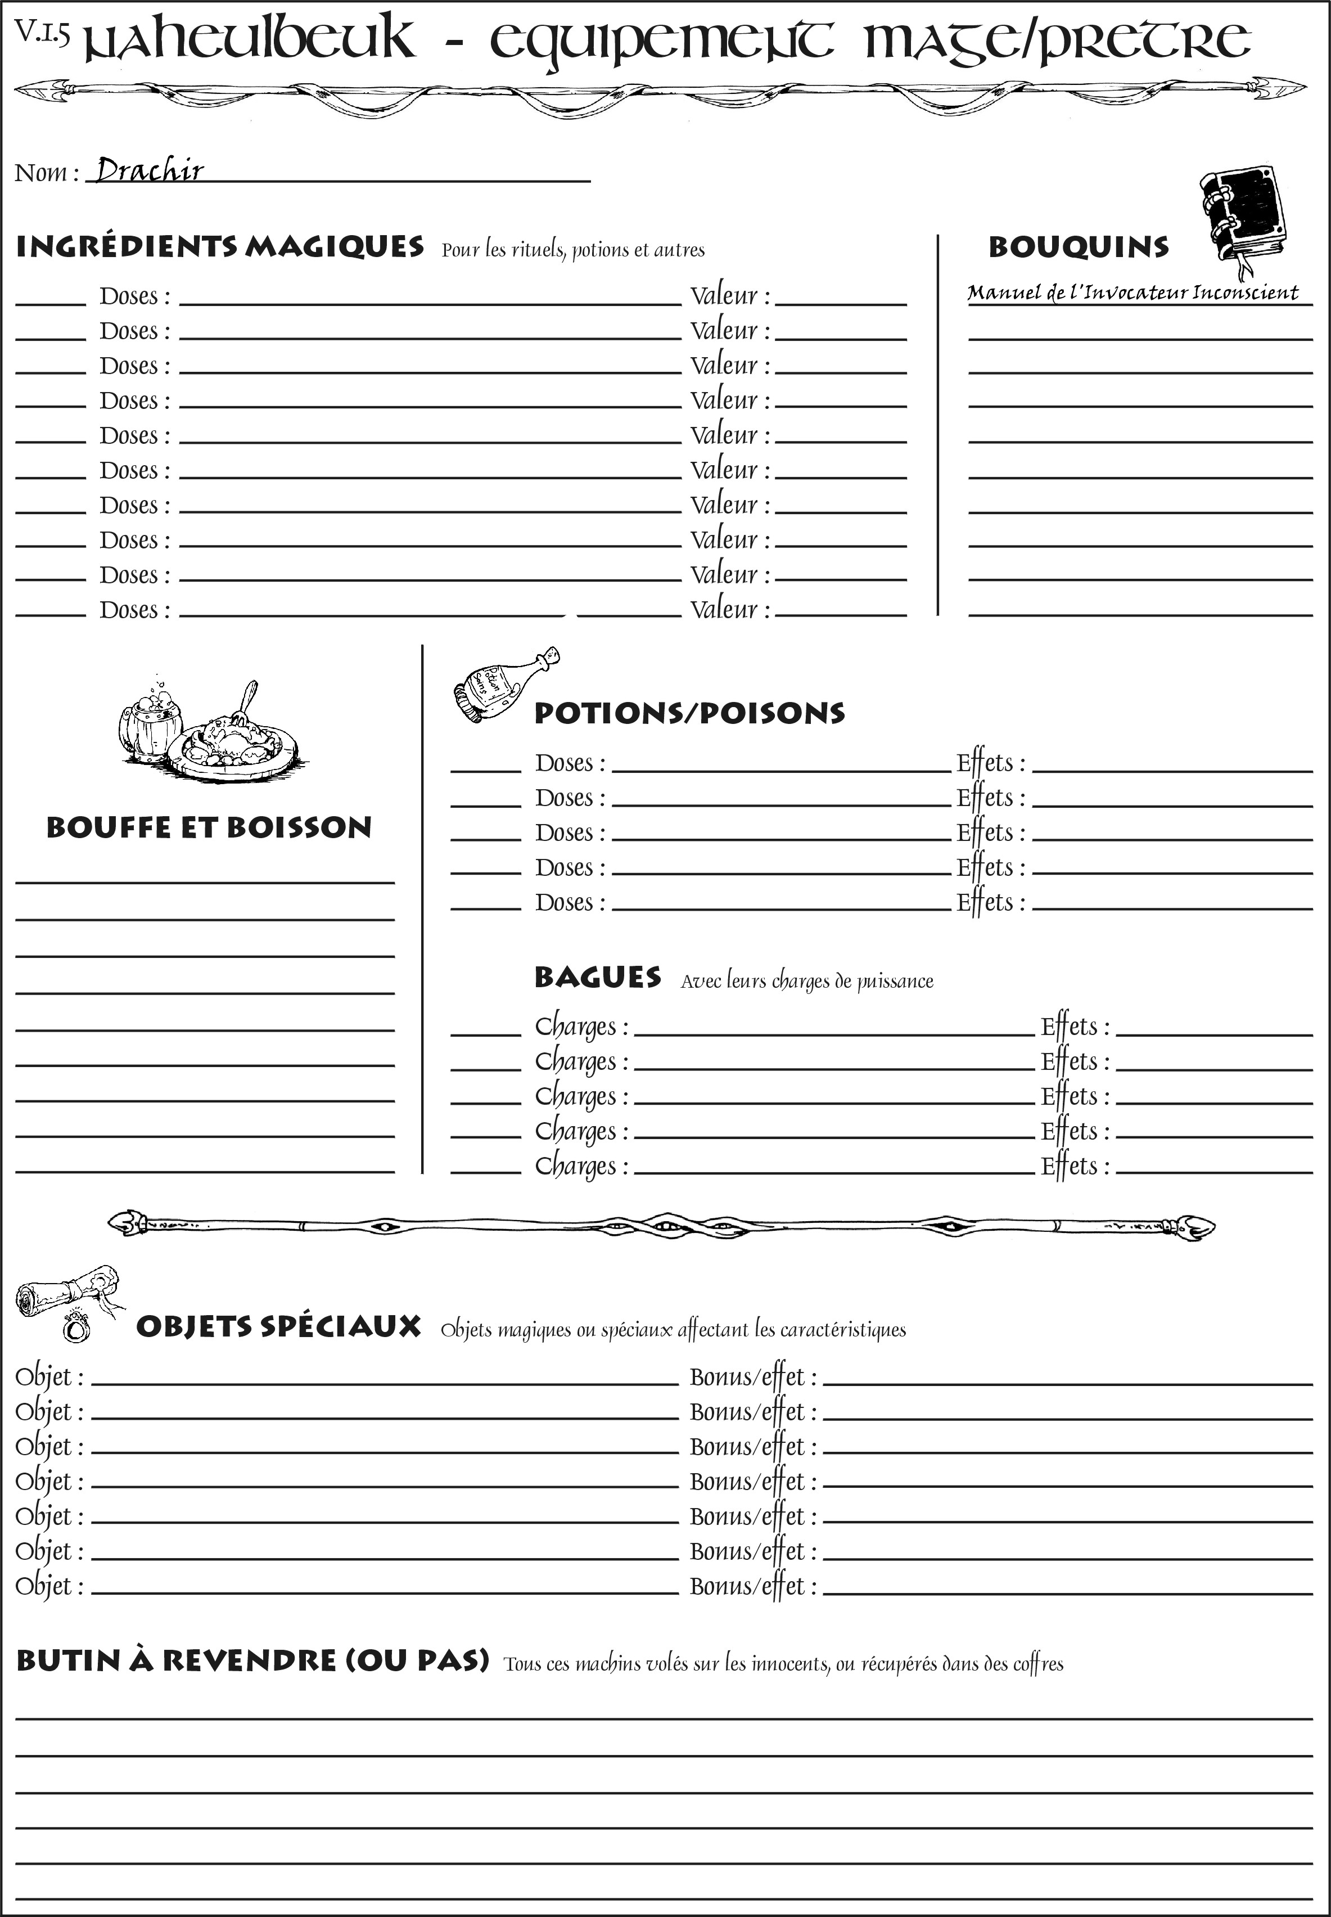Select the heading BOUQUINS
(x=1079, y=247)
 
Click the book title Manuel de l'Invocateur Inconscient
(x=1133, y=293)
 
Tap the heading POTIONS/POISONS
(x=689, y=713)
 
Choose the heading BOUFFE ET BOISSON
(x=209, y=827)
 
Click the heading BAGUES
(x=597, y=978)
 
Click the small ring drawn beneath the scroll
(x=78, y=1326)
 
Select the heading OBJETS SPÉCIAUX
(x=278, y=1327)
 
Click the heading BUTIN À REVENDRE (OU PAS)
(x=252, y=1660)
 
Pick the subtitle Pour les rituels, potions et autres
(x=573, y=250)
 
